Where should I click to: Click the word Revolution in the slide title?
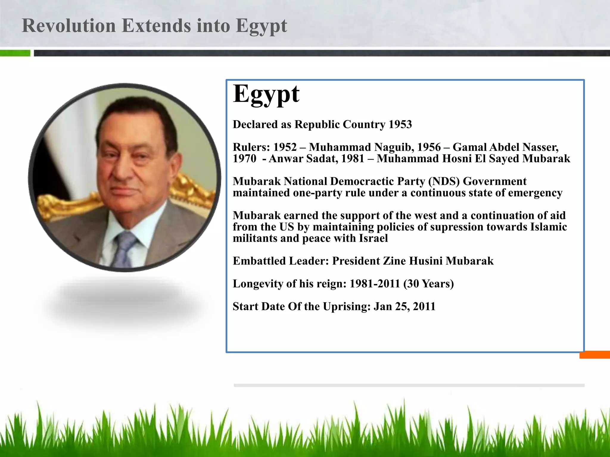69,26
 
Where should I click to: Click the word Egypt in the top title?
261,26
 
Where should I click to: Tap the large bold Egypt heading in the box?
266,94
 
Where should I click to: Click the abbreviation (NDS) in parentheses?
444,181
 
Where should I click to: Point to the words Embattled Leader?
281,261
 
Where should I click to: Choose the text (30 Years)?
428,284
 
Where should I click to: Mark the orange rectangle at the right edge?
594,355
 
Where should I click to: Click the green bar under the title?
15,53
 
